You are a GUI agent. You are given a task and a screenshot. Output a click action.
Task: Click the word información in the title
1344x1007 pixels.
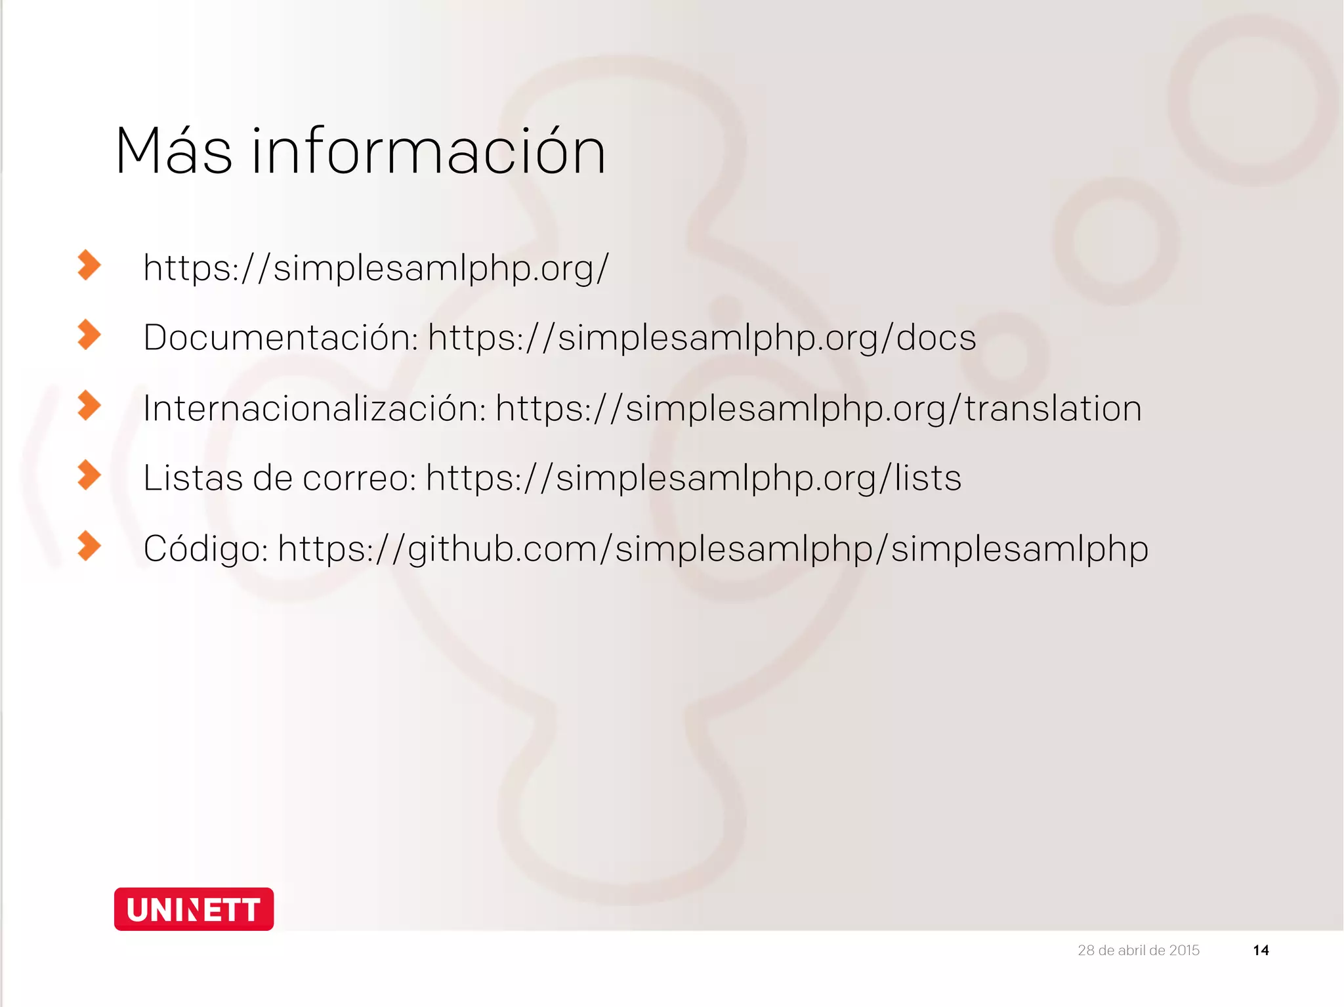pyautogui.click(x=429, y=152)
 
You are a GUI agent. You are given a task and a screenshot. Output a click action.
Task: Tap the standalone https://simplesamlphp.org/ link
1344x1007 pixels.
pyautogui.click(x=376, y=268)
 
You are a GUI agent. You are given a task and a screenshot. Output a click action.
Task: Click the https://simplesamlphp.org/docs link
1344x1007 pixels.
pyautogui.click(x=702, y=339)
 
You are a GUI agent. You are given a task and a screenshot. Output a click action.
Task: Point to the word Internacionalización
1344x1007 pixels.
pyautogui.click(x=314, y=408)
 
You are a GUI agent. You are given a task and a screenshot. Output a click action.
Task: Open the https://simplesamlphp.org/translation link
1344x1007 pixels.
pyautogui.click(x=818, y=409)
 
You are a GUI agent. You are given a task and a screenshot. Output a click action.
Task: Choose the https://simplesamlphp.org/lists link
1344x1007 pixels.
pyautogui.click(x=693, y=479)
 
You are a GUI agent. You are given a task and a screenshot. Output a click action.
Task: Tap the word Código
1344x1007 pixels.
pyautogui.click(x=205, y=548)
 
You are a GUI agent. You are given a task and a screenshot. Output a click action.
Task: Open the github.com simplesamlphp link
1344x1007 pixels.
pyautogui.click(x=713, y=549)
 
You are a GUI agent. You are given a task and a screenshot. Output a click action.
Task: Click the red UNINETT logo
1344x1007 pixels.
pyautogui.click(x=194, y=909)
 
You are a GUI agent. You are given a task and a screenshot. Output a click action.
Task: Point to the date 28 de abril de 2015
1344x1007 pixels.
pyautogui.click(x=1138, y=950)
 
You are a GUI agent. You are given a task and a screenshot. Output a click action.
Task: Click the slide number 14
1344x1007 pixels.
pyautogui.click(x=1261, y=950)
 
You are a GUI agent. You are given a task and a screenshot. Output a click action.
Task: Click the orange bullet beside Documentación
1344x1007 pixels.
pyautogui.click(x=89, y=335)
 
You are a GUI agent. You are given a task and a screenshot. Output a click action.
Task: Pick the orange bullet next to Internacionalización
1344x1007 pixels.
pyautogui.click(x=89, y=405)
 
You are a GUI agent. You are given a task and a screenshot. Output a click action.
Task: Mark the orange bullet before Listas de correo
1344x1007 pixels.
pyautogui.click(x=89, y=475)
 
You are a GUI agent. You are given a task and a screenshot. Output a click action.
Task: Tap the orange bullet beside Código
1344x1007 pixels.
pyautogui.click(x=89, y=546)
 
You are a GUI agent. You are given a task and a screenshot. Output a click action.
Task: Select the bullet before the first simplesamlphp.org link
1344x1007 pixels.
pyautogui.click(x=89, y=265)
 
